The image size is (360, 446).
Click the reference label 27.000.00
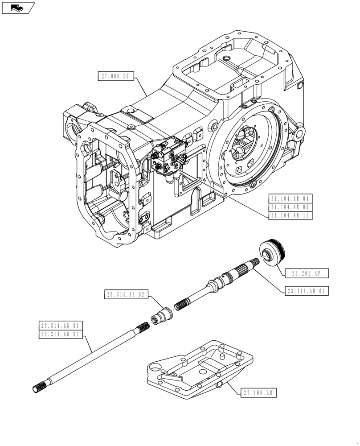(x=115, y=76)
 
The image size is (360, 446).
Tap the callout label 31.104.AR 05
(x=290, y=207)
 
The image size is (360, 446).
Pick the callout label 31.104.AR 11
(x=290, y=216)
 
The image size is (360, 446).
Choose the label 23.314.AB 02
(x=126, y=294)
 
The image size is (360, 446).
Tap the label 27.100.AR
(x=259, y=393)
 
